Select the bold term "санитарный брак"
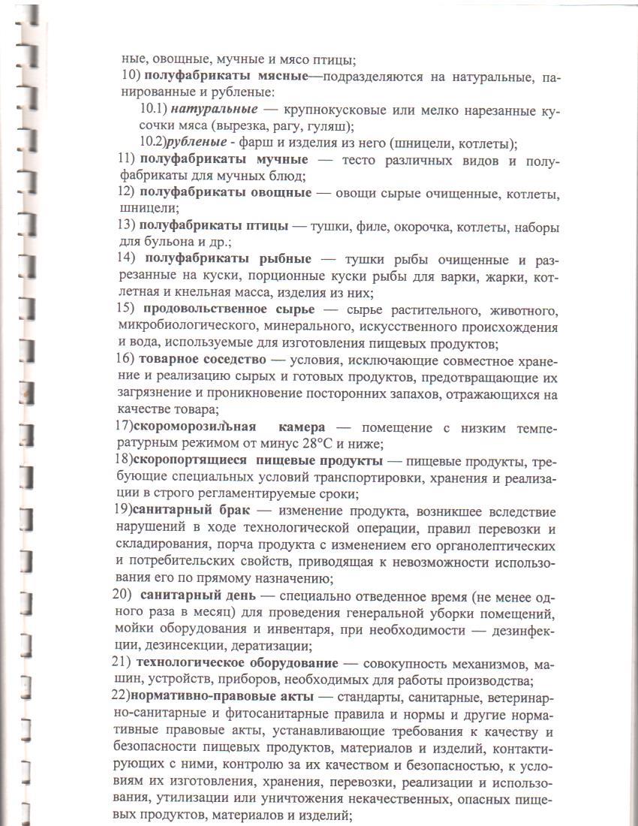click(191, 512)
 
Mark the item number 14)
click(126, 260)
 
